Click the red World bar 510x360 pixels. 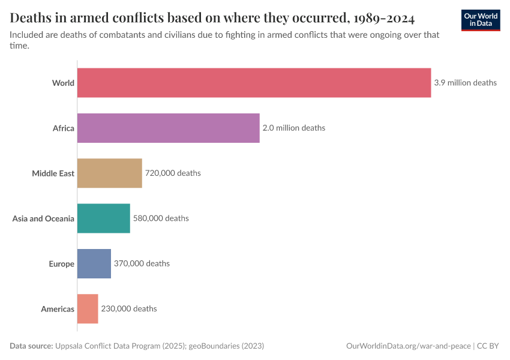point(254,83)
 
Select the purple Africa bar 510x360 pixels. point(168,128)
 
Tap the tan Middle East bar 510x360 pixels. point(109,173)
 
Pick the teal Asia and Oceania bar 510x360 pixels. point(103,218)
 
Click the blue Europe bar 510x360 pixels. point(94,263)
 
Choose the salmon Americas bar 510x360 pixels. point(88,308)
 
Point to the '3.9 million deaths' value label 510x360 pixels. point(465,83)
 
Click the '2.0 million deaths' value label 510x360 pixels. point(294,128)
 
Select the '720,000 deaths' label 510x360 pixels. point(173,173)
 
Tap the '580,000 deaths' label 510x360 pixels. point(161,218)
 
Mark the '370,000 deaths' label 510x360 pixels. point(142,263)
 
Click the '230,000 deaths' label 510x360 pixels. point(129,308)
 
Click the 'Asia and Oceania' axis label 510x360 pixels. point(43,218)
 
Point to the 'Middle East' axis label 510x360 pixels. point(53,173)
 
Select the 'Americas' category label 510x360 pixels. point(58,309)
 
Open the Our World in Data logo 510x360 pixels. point(481,20)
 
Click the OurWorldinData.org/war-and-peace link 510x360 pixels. point(409,346)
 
